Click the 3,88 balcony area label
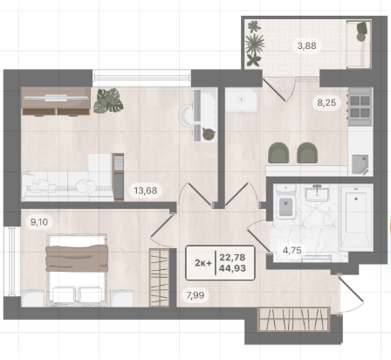[306, 45]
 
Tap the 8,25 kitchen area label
[326, 102]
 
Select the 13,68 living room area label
[146, 190]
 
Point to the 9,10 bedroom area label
[39, 222]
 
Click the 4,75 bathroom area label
[292, 250]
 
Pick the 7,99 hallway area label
[195, 295]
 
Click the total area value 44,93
[232, 268]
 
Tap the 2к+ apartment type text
[203, 263]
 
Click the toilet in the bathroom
[285, 202]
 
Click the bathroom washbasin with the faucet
[317, 193]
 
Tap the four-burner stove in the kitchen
[360, 107]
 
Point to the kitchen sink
[360, 164]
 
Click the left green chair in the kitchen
[278, 153]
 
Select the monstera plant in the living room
[108, 100]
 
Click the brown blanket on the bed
[77, 259]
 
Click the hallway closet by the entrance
[294, 319]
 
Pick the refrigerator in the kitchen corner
[241, 100]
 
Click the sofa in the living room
[67, 186]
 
